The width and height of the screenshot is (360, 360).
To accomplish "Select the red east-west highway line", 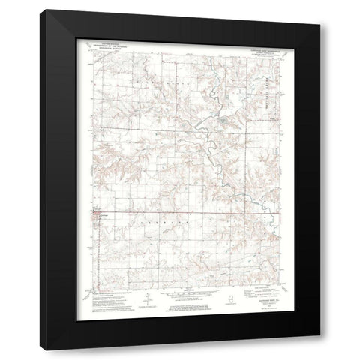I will click(180, 214).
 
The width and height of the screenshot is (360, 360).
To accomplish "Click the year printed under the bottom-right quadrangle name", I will click(255, 306).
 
